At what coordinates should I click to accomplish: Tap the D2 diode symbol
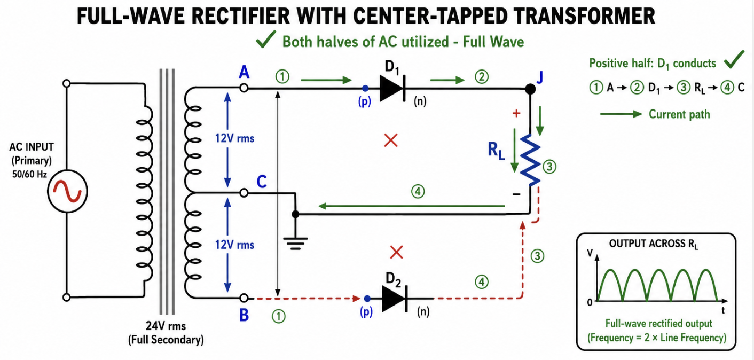pyautogui.click(x=395, y=299)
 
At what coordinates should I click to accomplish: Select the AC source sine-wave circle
pyautogui.click(x=67, y=191)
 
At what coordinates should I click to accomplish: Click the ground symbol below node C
pyautogui.click(x=295, y=243)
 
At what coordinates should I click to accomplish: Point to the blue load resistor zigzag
pyautogui.click(x=530, y=160)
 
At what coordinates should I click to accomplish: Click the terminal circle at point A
pyautogui.click(x=244, y=88)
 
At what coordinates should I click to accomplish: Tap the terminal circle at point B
pyautogui.click(x=244, y=298)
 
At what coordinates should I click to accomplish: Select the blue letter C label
pyautogui.click(x=262, y=182)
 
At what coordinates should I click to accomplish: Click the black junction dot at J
pyautogui.click(x=530, y=89)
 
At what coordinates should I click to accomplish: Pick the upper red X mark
pyautogui.click(x=391, y=140)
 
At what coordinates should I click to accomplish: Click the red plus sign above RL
pyautogui.click(x=516, y=113)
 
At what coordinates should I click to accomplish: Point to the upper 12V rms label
pyautogui.click(x=234, y=138)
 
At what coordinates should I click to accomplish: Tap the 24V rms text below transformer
pyautogui.click(x=166, y=326)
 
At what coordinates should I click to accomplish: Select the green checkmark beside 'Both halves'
pyautogui.click(x=266, y=39)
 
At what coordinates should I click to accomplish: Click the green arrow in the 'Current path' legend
pyautogui.click(x=622, y=114)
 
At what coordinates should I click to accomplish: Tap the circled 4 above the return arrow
pyautogui.click(x=418, y=192)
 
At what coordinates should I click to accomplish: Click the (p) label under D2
pyautogui.click(x=366, y=312)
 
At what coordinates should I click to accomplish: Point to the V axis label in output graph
pyautogui.click(x=590, y=253)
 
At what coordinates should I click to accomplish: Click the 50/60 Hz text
pyautogui.click(x=29, y=175)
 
